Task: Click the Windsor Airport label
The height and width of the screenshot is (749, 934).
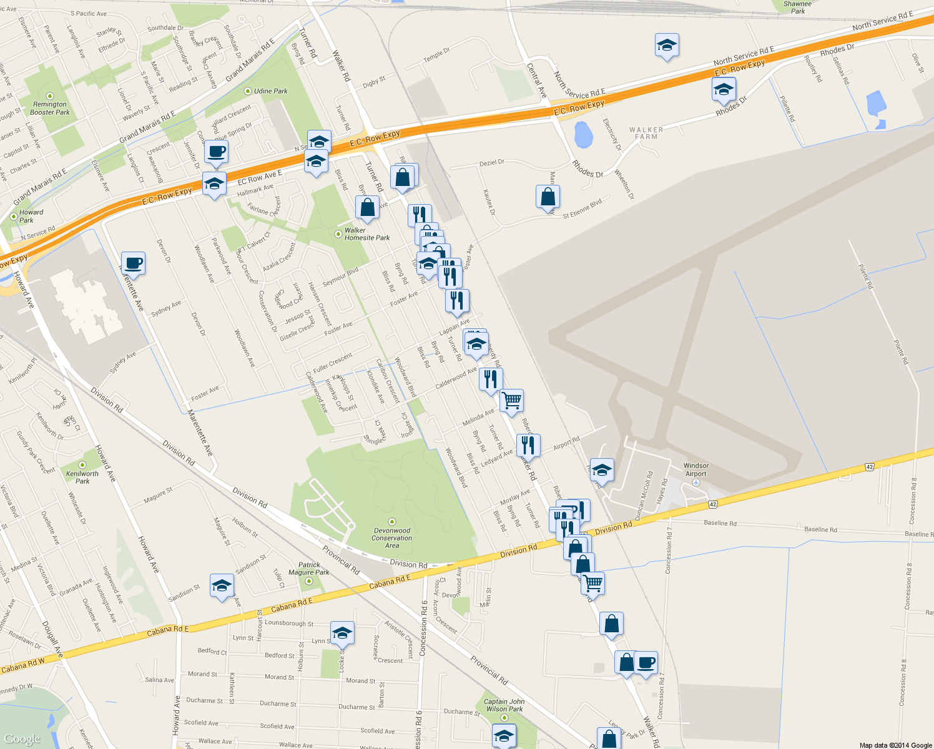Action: [696, 469]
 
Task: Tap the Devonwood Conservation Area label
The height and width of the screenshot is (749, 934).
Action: [392, 537]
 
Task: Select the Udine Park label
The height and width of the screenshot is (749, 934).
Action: [270, 91]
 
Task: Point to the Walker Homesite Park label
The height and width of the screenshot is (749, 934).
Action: [367, 234]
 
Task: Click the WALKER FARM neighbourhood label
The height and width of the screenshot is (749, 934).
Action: [646, 133]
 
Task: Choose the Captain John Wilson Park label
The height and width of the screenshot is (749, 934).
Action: [504, 705]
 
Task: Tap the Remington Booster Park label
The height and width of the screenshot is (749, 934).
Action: [50, 109]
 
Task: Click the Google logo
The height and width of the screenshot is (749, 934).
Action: [22, 739]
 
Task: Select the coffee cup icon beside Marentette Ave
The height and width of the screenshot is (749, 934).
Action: [132, 263]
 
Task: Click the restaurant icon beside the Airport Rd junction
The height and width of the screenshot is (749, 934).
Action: [528, 445]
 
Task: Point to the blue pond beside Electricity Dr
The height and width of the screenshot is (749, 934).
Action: [583, 135]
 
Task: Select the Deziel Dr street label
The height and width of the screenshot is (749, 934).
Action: [491, 163]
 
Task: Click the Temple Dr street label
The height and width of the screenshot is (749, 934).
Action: [436, 54]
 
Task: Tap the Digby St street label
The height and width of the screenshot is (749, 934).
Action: [374, 81]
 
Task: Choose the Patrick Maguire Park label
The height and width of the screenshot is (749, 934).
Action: [309, 569]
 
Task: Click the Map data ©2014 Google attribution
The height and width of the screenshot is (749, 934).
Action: [895, 745]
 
